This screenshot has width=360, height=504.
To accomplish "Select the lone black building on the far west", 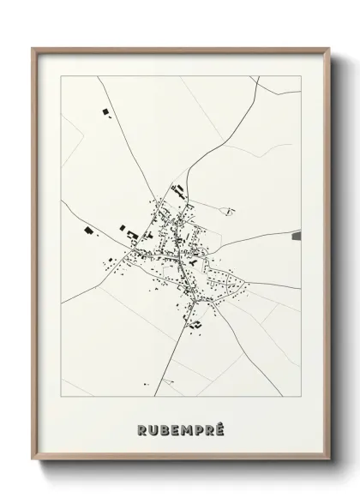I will [88, 229].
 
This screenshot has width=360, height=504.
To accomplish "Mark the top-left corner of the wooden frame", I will [33, 49].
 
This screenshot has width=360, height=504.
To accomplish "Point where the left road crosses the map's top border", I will [98, 76].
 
